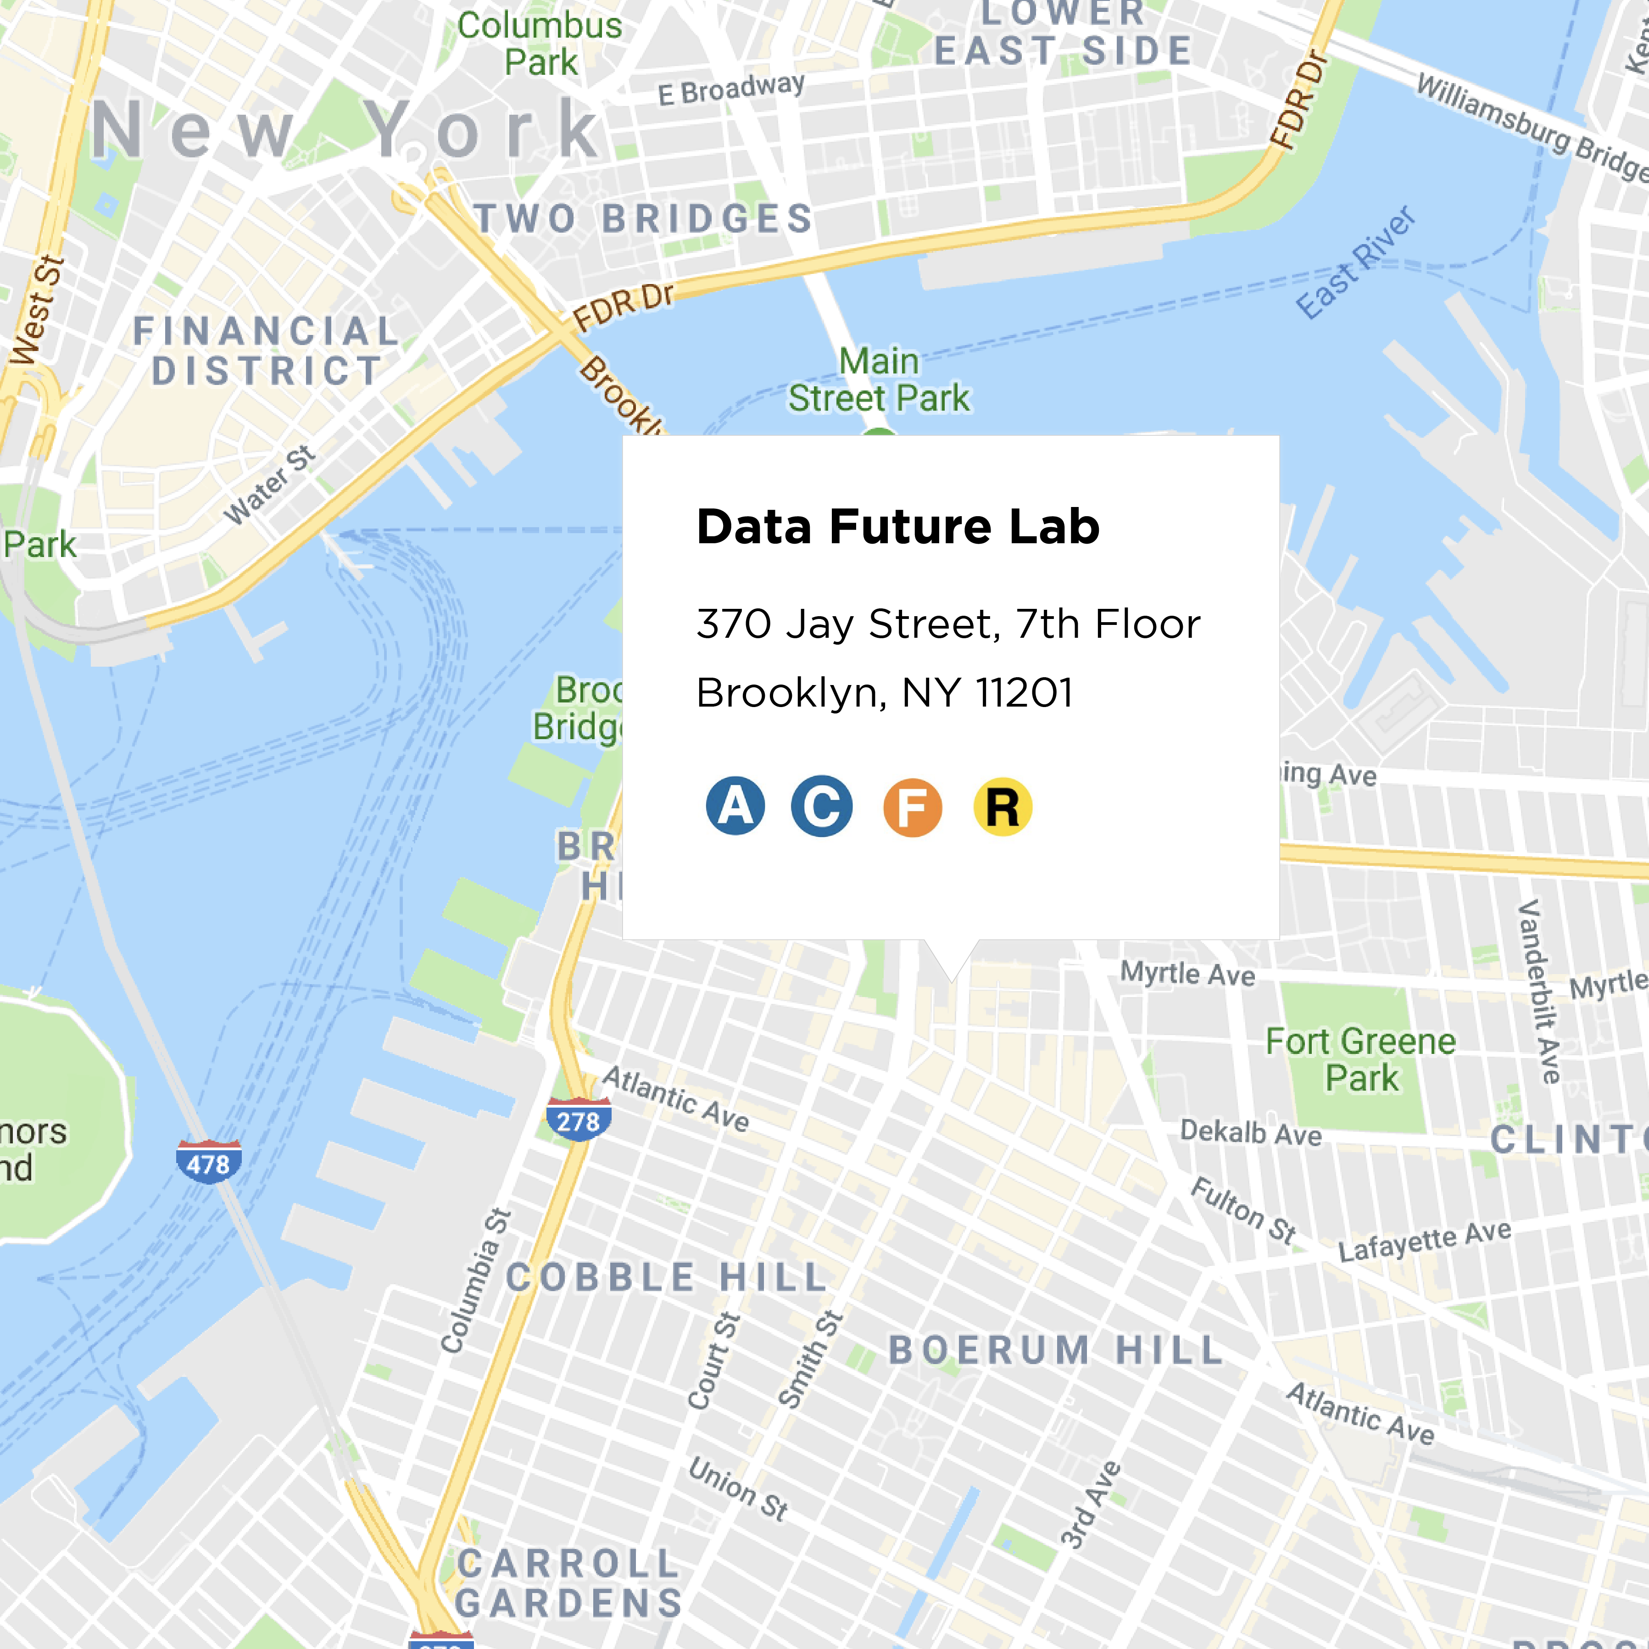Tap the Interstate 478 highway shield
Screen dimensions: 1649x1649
[x=208, y=1163]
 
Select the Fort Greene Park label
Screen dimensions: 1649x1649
[x=1360, y=1059]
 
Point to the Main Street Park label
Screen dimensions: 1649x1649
[x=879, y=380]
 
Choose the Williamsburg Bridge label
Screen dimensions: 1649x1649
[x=1532, y=128]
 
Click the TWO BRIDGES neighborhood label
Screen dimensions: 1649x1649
[x=644, y=218]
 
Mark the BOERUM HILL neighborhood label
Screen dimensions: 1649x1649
[x=1056, y=1350]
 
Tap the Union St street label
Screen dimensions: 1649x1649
[x=738, y=1489]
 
